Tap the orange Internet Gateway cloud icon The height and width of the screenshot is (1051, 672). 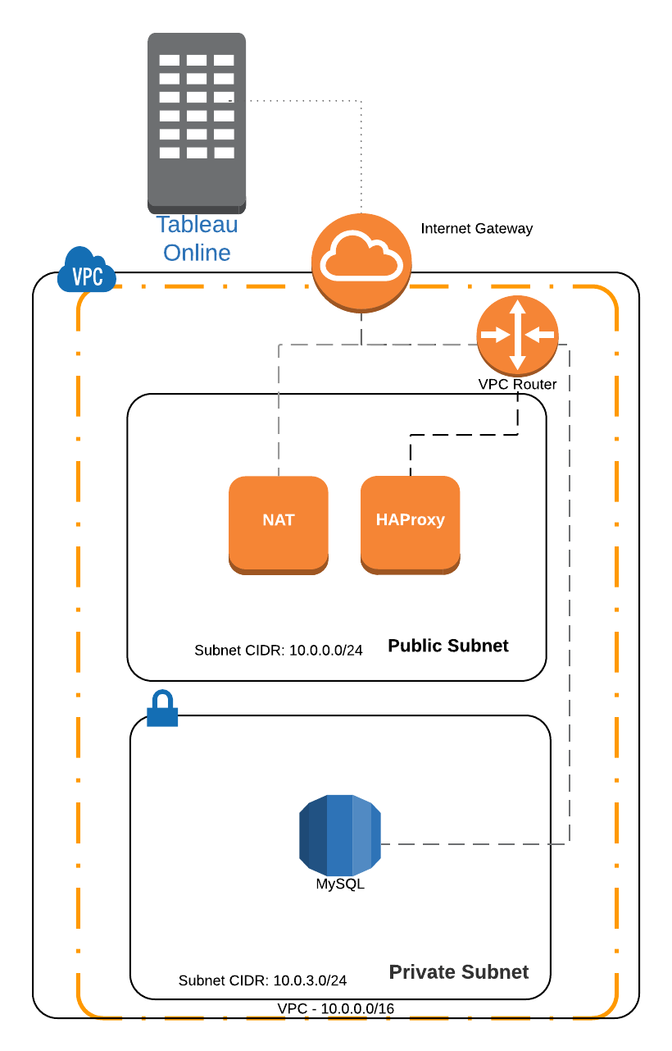[x=361, y=261]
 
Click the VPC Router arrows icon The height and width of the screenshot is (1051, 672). [x=517, y=335]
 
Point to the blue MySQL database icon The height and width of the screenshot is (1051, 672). [x=339, y=834]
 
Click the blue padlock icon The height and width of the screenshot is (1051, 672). [x=161, y=710]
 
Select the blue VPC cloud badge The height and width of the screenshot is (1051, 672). [x=86, y=272]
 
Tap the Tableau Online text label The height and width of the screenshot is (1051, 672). [x=197, y=238]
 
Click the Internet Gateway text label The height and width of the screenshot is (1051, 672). [x=476, y=229]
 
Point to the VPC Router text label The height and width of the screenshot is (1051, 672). [x=517, y=385]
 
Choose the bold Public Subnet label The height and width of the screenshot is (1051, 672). [x=447, y=646]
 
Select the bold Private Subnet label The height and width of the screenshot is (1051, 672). [x=458, y=972]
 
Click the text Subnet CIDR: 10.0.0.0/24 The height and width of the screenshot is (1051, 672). [x=278, y=651]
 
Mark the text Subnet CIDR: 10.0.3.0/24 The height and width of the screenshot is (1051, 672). [x=262, y=980]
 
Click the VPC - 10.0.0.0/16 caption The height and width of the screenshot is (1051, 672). [x=335, y=1008]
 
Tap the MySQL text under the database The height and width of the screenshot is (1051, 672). [x=340, y=884]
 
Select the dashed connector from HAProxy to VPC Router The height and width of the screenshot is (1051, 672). [x=463, y=434]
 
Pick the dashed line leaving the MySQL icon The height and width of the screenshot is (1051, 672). [x=475, y=843]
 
